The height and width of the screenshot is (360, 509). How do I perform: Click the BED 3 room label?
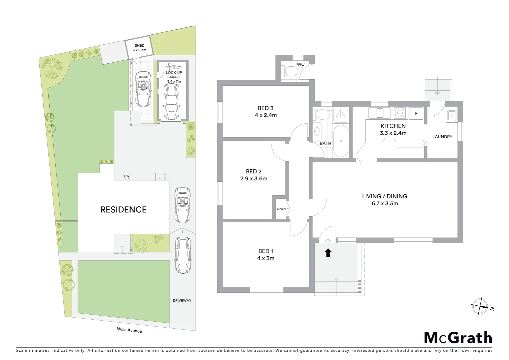tap(265, 108)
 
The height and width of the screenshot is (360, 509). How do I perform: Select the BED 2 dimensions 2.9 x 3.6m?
tap(254, 179)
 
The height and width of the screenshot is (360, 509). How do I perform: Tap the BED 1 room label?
tap(266, 251)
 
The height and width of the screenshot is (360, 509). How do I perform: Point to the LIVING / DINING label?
tap(384, 196)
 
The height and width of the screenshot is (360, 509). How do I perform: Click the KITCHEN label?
tap(393, 126)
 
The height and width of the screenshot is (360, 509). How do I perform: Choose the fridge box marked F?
tap(416, 113)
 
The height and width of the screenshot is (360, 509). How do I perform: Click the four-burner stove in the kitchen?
tap(400, 113)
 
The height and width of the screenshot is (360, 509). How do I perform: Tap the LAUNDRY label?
tap(442, 137)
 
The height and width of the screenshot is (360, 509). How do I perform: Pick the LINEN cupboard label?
tap(281, 209)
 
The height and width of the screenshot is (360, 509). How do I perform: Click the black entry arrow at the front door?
tap(328, 253)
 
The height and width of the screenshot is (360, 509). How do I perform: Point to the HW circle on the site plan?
tap(127, 176)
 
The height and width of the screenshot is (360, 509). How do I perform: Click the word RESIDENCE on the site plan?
tap(124, 209)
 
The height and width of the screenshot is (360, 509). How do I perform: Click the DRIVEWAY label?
tap(182, 300)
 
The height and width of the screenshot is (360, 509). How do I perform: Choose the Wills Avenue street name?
tap(129, 330)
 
